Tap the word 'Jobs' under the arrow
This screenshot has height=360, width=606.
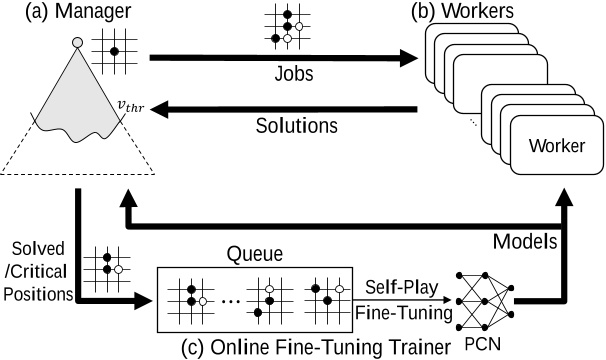pyautogui.click(x=290, y=75)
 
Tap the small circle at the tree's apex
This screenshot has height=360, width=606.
pyautogui.click(x=78, y=42)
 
